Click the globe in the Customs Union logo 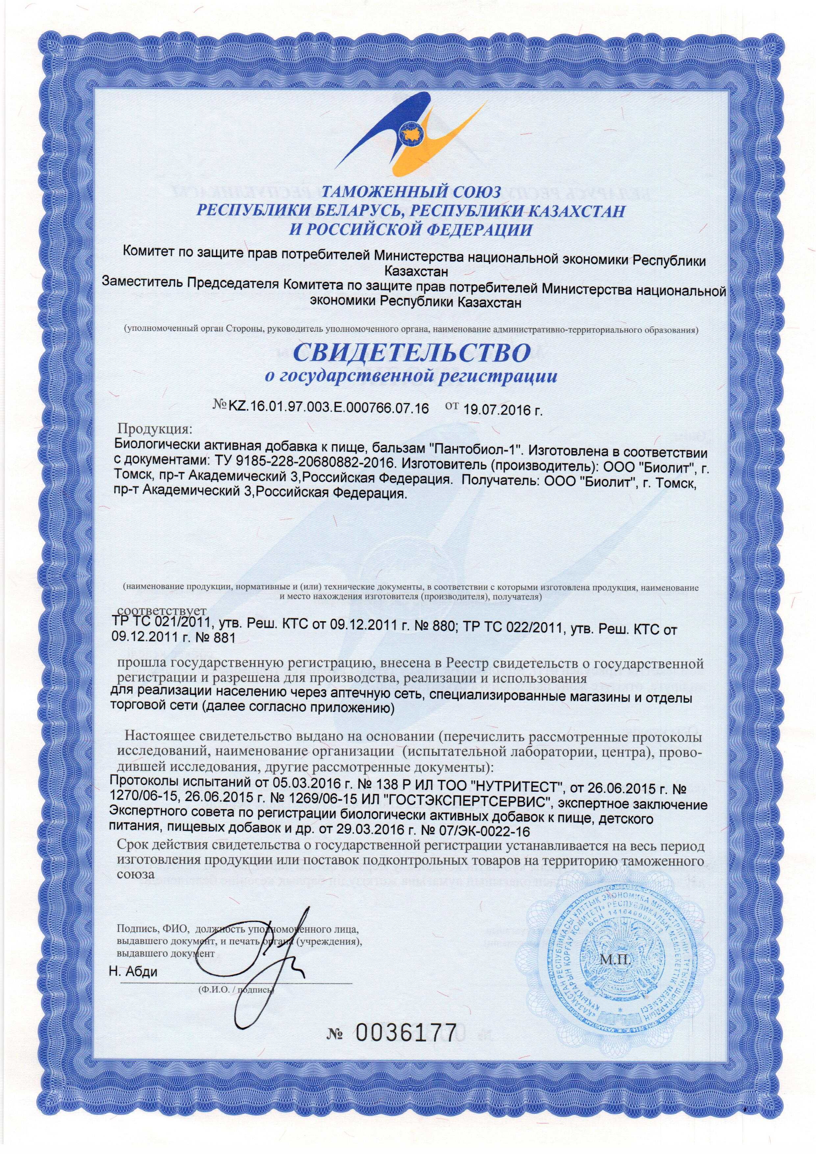coord(408,134)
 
